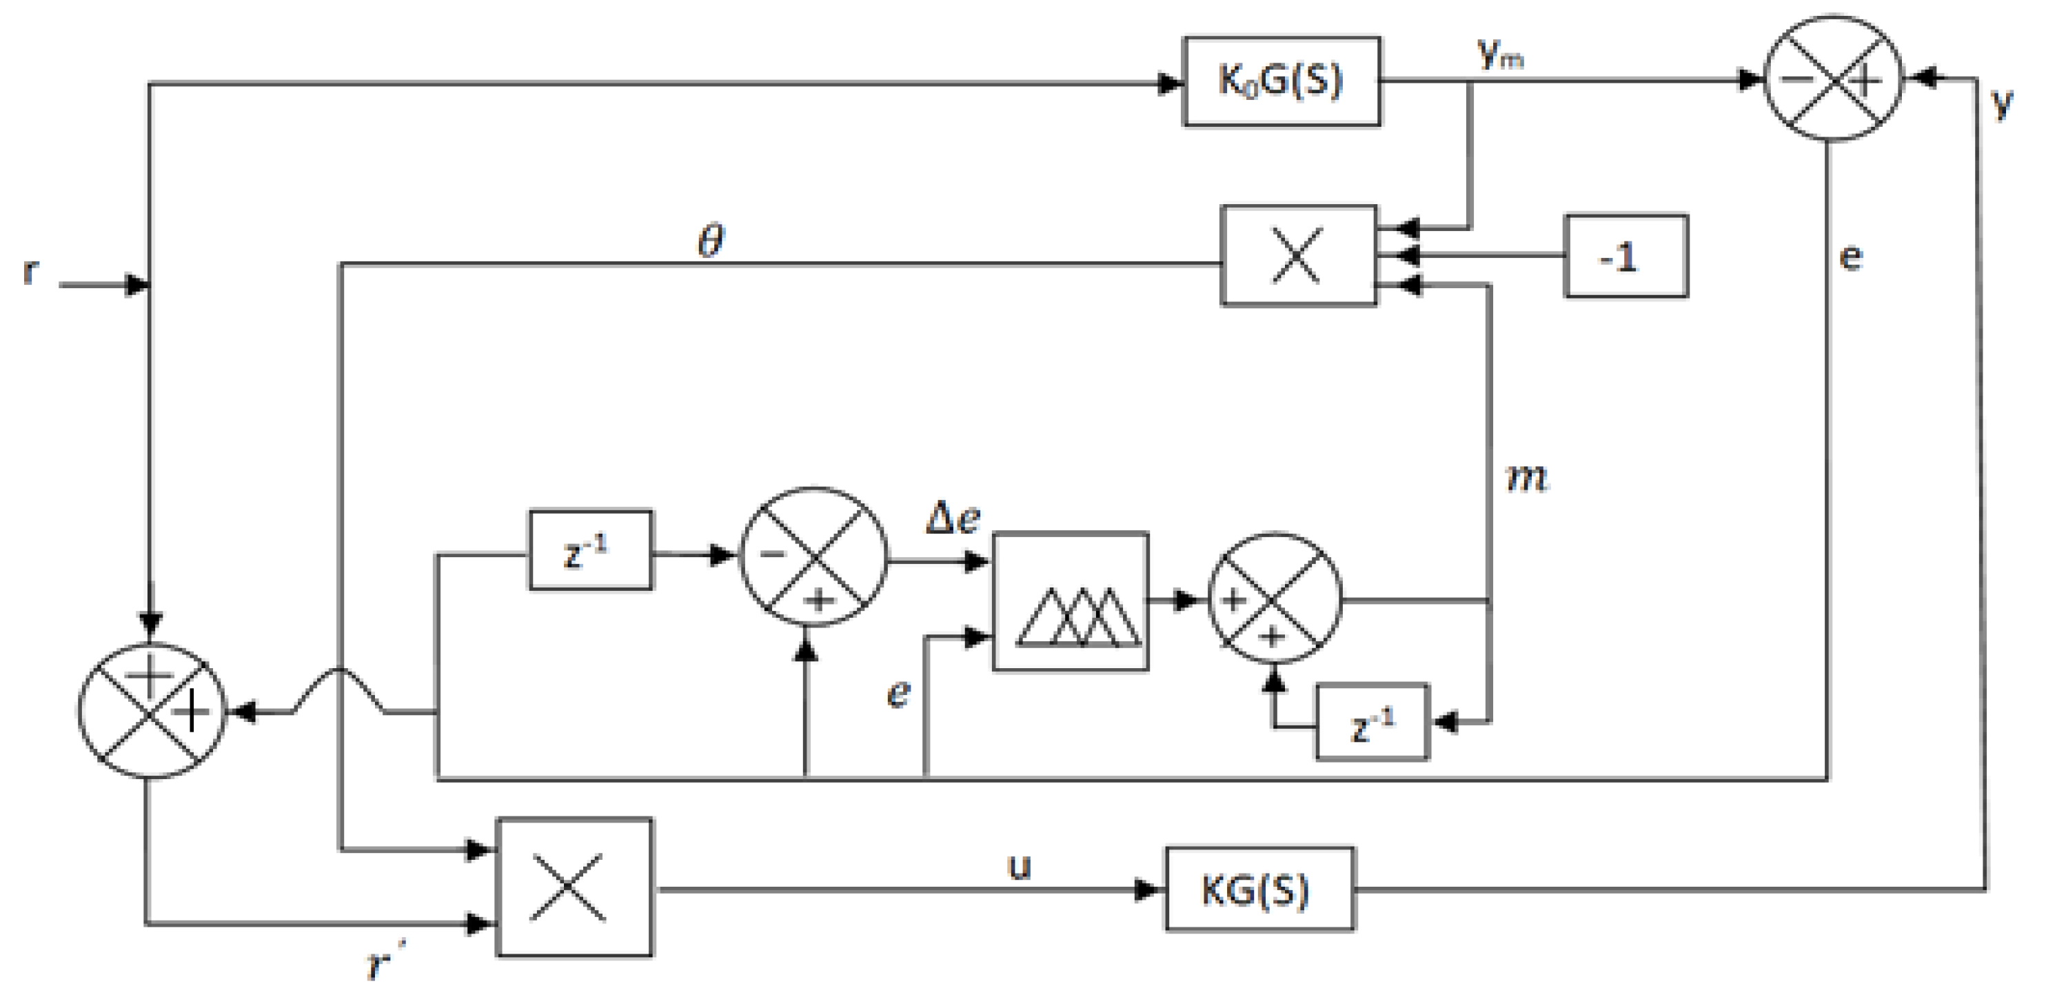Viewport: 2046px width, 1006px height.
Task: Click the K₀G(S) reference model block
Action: (1281, 81)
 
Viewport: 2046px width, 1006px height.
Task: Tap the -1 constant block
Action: (1625, 256)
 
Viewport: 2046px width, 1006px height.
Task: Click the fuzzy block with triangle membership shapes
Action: (1070, 601)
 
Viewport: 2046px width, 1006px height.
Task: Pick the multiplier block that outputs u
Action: (574, 887)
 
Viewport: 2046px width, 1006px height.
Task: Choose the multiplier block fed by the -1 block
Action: (1298, 256)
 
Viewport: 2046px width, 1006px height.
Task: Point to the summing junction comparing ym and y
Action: (1832, 79)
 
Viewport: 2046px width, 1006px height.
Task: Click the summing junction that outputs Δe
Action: (813, 557)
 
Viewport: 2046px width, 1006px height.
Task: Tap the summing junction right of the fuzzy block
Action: (1275, 598)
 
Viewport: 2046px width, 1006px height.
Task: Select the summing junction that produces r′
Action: (152, 710)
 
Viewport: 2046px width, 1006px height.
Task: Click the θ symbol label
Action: (711, 240)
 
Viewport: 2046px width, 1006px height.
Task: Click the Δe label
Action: (954, 519)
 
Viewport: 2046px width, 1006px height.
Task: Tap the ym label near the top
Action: (1499, 56)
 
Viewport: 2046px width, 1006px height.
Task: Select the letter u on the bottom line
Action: (1019, 866)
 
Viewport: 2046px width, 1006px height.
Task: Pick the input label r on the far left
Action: (30, 271)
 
